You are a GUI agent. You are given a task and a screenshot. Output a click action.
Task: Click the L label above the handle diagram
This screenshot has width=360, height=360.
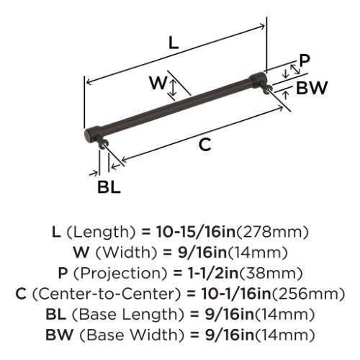174,43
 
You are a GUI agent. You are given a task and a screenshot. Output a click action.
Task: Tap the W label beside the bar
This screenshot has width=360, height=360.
158,82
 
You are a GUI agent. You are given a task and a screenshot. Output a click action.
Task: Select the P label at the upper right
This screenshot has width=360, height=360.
305,60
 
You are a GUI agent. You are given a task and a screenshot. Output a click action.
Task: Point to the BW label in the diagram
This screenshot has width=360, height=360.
312,88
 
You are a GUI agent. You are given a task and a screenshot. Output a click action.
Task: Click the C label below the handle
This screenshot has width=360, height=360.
205,145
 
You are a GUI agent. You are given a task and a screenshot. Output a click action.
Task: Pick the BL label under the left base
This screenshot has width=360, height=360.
109,187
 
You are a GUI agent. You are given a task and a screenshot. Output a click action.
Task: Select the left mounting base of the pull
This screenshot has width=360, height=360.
103,143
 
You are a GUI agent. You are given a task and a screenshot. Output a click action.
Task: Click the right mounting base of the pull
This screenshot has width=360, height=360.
266,88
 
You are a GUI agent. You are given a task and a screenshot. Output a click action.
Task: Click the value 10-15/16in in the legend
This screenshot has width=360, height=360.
196,232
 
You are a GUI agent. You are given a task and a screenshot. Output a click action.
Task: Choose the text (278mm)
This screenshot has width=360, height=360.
272,232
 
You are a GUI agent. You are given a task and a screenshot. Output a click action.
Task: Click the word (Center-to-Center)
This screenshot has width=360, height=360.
106,294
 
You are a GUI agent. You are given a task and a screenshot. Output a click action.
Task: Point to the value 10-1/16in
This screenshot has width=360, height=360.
236,294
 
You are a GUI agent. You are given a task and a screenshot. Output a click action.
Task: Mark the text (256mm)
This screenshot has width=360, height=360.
308,294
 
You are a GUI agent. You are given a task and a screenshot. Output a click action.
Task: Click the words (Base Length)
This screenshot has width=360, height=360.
128,315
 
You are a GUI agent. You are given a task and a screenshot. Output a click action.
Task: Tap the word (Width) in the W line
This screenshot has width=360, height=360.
126,253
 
